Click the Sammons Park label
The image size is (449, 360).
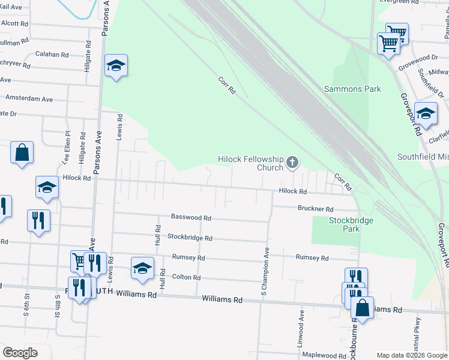click(x=352, y=89)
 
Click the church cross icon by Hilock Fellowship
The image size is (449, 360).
click(x=292, y=163)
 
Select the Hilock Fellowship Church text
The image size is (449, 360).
click(x=250, y=163)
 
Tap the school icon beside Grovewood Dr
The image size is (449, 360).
click(x=426, y=114)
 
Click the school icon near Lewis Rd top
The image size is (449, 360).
click(x=116, y=65)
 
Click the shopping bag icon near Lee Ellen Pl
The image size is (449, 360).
click(x=22, y=152)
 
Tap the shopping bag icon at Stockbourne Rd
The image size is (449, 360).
click(x=362, y=308)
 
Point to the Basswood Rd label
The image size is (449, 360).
click(x=191, y=218)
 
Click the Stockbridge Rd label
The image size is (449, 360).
click(x=190, y=238)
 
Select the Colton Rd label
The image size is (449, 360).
click(x=185, y=278)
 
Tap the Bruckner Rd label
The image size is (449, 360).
click(x=315, y=209)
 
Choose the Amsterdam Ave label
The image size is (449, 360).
click(x=29, y=99)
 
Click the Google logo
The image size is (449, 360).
click(x=20, y=353)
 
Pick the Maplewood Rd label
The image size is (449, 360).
click(x=324, y=355)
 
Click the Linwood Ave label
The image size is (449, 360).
click(x=302, y=324)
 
